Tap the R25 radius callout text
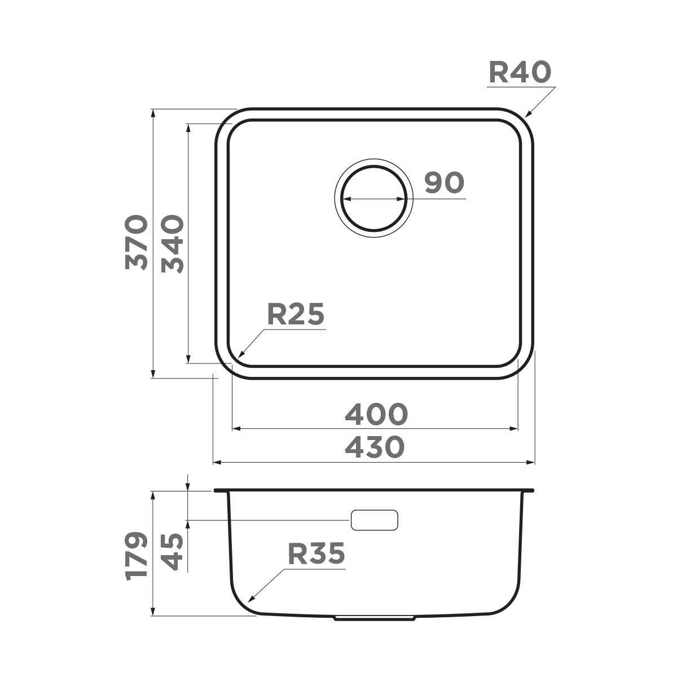pyautogui.click(x=296, y=315)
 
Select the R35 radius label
pyautogui.click(x=316, y=554)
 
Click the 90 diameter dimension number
pyautogui.click(x=445, y=183)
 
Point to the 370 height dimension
pyautogui.click(x=137, y=243)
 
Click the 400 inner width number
pyautogui.click(x=376, y=415)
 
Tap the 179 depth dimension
pyautogui.click(x=137, y=555)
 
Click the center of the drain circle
pyautogui.click(x=374, y=199)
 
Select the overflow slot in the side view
pyautogui.click(x=375, y=520)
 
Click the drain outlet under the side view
pyautogui.click(x=375, y=618)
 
